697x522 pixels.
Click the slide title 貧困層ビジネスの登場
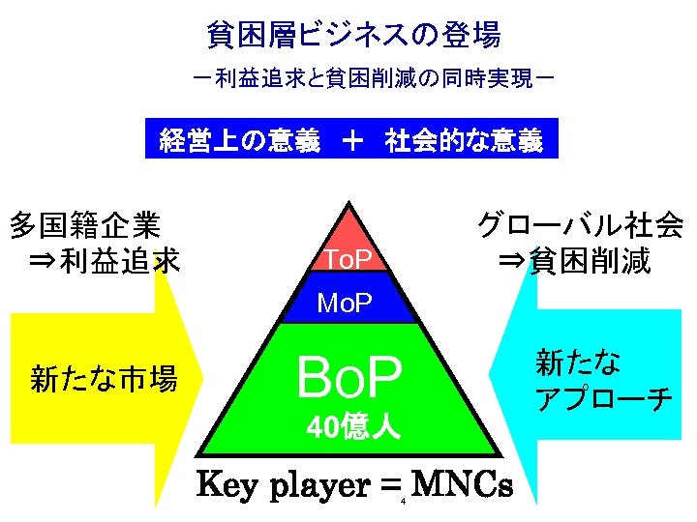tap(354, 36)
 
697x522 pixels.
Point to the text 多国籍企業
tap(84, 226)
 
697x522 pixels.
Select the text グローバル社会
tap(580, 226)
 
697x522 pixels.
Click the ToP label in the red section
tap(346, 259)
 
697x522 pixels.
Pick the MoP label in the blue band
tap(345, 305)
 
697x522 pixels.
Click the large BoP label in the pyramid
tap(348, 378)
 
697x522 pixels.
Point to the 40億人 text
tap(349, 426)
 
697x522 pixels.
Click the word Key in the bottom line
tap(228, 486)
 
